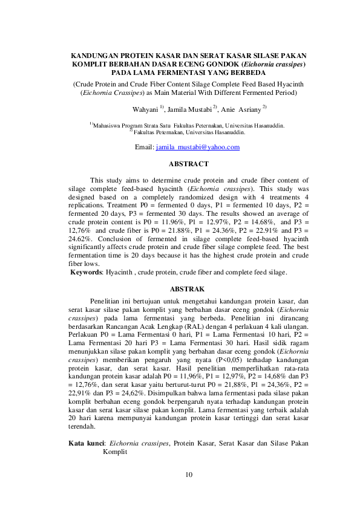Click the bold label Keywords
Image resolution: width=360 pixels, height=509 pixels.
click(x=87, y=272)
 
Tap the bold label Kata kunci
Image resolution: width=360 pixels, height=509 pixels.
click(x=85, y=443)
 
